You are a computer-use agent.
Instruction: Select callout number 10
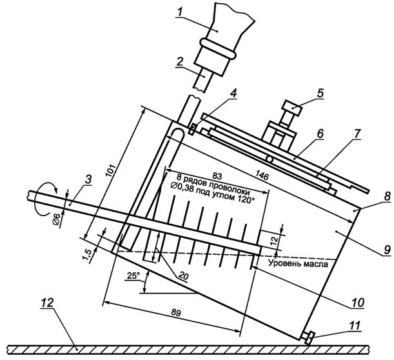(x=366, y=301)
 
